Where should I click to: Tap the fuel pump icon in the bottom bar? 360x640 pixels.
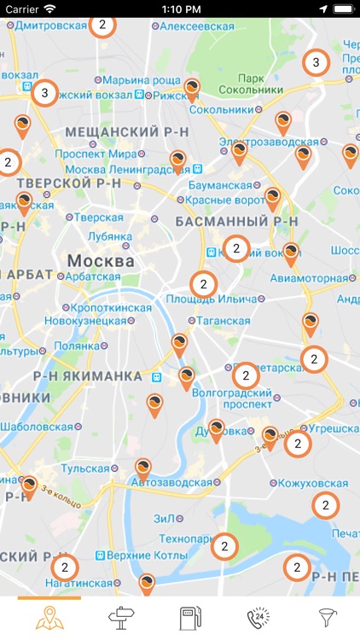(189, 618)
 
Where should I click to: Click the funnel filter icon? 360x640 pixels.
(328, 618)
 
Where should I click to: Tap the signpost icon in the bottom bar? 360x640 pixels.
(119, 618)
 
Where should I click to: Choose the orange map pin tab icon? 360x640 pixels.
(49, 618)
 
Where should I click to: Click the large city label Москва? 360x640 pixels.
(101, 260)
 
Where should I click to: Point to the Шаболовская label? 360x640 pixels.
(40, 428)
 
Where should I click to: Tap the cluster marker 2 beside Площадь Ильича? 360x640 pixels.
(203, 283)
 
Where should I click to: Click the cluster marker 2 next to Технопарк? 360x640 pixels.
(224, 544)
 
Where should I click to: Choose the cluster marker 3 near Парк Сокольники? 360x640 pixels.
(316, 62)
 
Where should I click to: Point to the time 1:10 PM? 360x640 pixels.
(179, 8)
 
